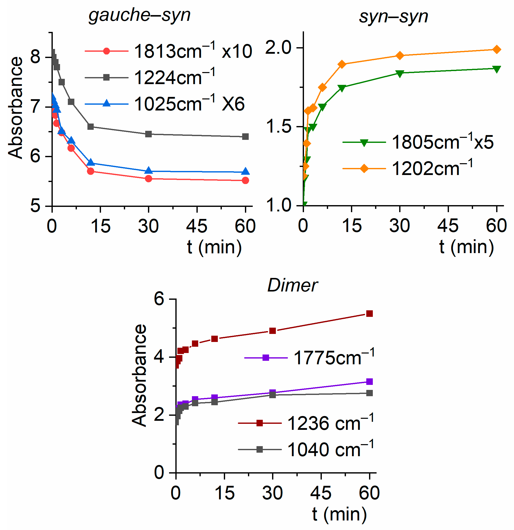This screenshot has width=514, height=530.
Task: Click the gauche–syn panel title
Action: pyautogui.click(x=140, y=15)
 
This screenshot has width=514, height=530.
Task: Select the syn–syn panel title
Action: pyautogui.click(x=393, y=17)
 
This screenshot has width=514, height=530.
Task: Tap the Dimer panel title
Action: pyautogui.click(x=292, y=285)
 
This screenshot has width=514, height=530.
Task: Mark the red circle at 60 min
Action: pyautogui.click(x=245, y=181)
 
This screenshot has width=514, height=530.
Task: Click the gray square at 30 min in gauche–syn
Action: pyautogui.click(x=148, y=134)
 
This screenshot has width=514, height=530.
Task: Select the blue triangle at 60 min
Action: pyautogui.click(x=245, y=172)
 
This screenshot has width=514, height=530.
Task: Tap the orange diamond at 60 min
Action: pyautogui.click(x=497, y=49)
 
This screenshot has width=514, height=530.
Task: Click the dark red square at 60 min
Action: pyautogui.click(x=370, y=314)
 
